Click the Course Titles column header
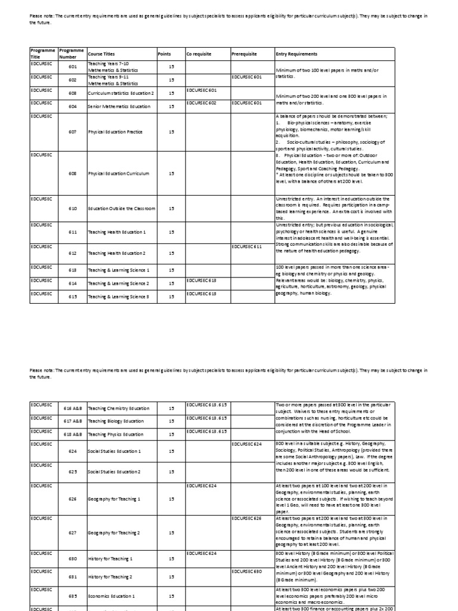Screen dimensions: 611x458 [100, 54]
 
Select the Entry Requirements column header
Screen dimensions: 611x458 [296, 54]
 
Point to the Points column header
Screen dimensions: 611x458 [164, 54]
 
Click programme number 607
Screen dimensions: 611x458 [72, 131]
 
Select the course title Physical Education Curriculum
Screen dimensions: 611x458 [118, 174]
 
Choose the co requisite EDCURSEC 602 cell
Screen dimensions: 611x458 [201, 103]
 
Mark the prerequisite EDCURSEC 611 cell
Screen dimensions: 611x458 [246, 246]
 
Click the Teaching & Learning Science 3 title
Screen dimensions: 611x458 [118, 297]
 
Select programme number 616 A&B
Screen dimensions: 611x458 [72, 409]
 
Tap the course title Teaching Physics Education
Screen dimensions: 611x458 [115, 435]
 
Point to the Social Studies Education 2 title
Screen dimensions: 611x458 [114, 472]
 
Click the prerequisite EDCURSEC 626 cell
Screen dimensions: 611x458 [246, 519]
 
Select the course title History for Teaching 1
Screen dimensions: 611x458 [110, 559]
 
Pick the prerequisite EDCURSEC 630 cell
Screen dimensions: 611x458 [246, 571]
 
